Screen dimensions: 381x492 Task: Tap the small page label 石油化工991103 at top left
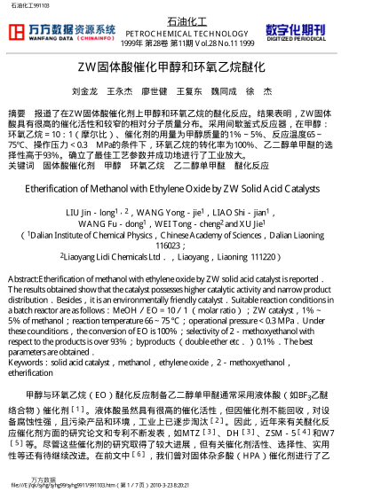tap(28, 5)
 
